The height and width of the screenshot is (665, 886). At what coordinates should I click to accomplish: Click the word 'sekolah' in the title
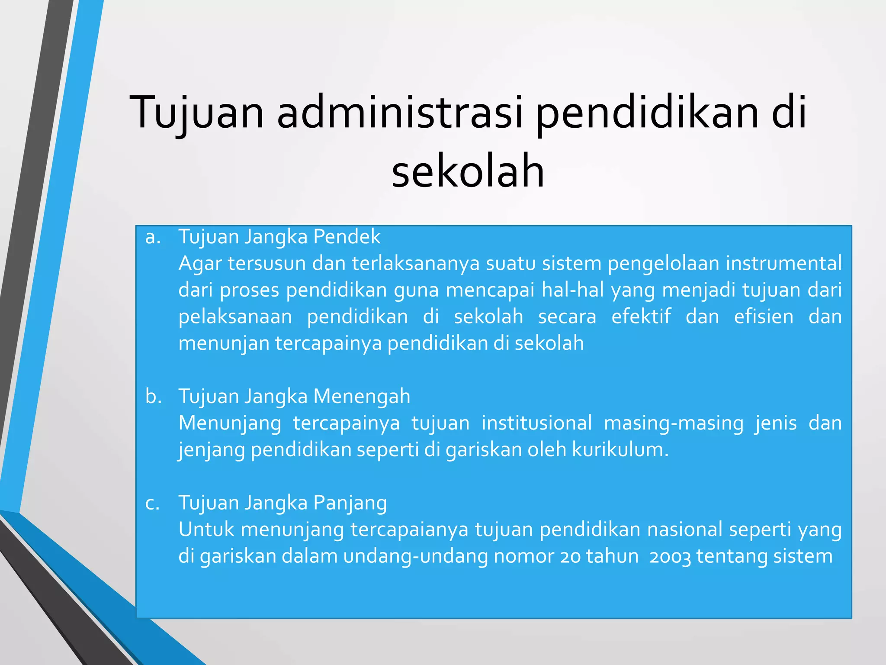[x=468, y=172]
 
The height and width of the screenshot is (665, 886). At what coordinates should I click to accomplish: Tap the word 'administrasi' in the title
[x=399, y=113]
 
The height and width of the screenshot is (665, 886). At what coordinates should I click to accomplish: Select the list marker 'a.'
[x=153, y=237]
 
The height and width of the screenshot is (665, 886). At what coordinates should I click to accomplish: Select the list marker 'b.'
[x=154, y=397]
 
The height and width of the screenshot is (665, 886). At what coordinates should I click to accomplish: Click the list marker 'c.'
[x=152, y=503]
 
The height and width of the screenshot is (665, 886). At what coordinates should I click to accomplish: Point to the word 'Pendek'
[x=347, y=237]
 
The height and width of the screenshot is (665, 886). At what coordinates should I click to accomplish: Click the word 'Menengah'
[x=361, y=397]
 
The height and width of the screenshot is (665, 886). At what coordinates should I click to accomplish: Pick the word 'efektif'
[x=641, y=316]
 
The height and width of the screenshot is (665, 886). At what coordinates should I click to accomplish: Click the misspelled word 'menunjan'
[x=224, y=343]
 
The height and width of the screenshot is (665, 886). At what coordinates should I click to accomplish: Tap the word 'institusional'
[x=536, y=423]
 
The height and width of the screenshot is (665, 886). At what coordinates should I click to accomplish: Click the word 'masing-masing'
[x=673, y=423]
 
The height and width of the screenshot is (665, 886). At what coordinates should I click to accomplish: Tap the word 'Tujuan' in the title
[x=197, y=113]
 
